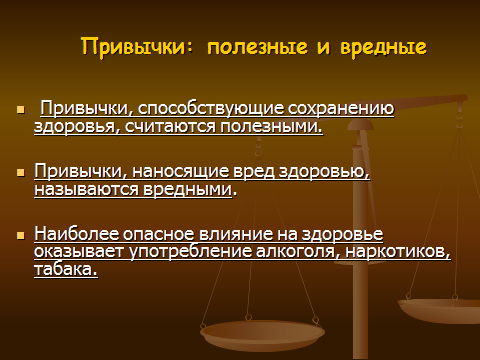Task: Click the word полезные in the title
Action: pyautogui.click(x=257, y=47)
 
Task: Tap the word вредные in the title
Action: pyautogui.click(x=383, y=46)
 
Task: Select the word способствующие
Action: pyautogui.click(x=211, y=109)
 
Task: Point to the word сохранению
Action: pyautogui.click(x=341, y=109)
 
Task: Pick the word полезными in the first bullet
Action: pyautogui.click(x=271, y=127)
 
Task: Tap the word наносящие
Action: pyautogui.click(x=181, y=171)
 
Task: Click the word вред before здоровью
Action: pyautogui.click(x=254, y=171)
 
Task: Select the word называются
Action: pyautogui.click(x=87, y=189)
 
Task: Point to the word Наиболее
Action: pyautogui.click(x=76, y=233)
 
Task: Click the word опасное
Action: pyautogui.click(x=159, y=234)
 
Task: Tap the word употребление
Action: pyautogui.click(x=190, y=252)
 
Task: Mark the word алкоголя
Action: pyautogui.click(x=298, y=252)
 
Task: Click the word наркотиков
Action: pyautogui.click(x=398, y=252)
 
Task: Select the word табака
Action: pyautogui.click(x=66, y=269)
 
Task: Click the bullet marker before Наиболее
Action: pyautogui.click(x=21, y=235)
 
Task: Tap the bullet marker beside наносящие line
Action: pyautogui.click(x=21, y=172)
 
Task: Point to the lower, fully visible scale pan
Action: pyautogui.click(x=262, y=335)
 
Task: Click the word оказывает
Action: pyautogui.click(x=79, y=252)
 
